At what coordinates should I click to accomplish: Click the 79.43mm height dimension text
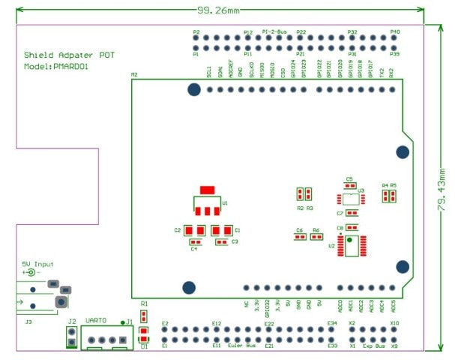point(442,189)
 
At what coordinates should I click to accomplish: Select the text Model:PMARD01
point(56,66)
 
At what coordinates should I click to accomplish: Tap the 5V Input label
point(37,264)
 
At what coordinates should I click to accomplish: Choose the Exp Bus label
point(373,346)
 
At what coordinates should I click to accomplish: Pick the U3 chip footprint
point(350,199)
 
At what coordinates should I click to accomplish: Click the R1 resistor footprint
point(144,313)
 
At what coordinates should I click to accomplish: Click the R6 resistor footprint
point(316,236)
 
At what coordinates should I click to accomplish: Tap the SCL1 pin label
point(209,72)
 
